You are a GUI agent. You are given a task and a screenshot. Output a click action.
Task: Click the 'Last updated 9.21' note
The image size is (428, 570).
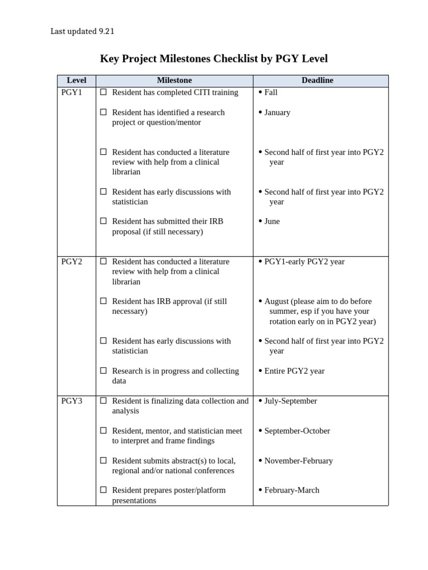(82, 32)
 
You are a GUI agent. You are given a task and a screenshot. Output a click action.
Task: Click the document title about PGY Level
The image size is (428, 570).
(213, 58)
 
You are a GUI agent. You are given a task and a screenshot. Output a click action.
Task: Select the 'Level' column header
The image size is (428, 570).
(76, 81)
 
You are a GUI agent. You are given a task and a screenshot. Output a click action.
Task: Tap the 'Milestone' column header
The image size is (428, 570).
(174, 81)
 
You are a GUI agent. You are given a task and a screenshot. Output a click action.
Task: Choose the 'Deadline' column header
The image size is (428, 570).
(317, 81)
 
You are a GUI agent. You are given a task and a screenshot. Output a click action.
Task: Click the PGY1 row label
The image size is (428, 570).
(71, 92)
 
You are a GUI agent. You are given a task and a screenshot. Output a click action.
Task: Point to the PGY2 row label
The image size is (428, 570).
(71, 262)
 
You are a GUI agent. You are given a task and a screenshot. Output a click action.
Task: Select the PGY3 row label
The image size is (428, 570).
(71, 401)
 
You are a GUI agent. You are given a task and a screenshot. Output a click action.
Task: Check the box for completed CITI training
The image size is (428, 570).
(103, 92)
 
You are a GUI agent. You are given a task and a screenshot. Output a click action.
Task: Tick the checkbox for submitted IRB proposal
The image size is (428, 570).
(103, 221)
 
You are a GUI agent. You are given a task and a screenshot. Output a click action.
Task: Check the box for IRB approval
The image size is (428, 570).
(103, 301)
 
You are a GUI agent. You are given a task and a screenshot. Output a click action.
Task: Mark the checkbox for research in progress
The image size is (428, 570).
(103, 371)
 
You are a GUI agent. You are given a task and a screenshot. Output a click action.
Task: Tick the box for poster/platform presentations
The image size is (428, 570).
(103, 490)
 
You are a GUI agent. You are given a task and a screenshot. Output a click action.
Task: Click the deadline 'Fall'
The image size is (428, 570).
(271, 92)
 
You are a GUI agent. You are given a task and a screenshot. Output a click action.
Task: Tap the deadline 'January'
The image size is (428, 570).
(277, 112)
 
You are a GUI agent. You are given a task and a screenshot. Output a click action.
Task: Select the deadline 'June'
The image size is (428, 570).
(272, 222)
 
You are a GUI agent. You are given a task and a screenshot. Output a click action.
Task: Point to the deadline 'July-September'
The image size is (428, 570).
(290, 401)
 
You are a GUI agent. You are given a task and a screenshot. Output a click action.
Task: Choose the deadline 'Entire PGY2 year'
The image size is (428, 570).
(294, 371)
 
